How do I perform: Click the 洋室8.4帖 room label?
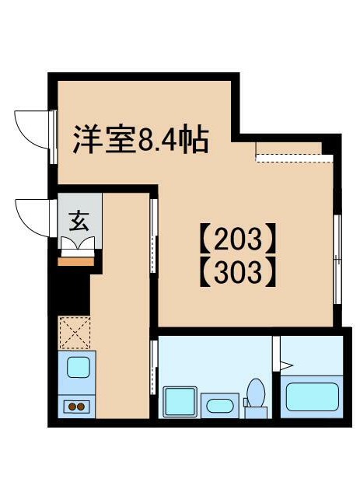coord(141,139)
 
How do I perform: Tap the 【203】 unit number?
coord(238,239)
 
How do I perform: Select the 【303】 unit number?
coord(238,272)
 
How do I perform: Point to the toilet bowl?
coord(256,393)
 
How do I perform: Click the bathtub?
coord(313,396)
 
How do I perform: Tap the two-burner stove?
coord(77,406)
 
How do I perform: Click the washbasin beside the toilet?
coord(219,406)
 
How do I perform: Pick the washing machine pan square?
coord(180,401)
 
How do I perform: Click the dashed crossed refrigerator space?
coord(75,333)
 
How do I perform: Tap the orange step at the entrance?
coord(76,262)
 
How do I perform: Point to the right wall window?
coord(338,260)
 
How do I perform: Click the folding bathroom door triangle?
coord(286,366)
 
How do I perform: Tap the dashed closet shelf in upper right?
coord(294,158)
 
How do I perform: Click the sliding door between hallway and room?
coord(154,236)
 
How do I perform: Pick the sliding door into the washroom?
coord(154,367)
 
